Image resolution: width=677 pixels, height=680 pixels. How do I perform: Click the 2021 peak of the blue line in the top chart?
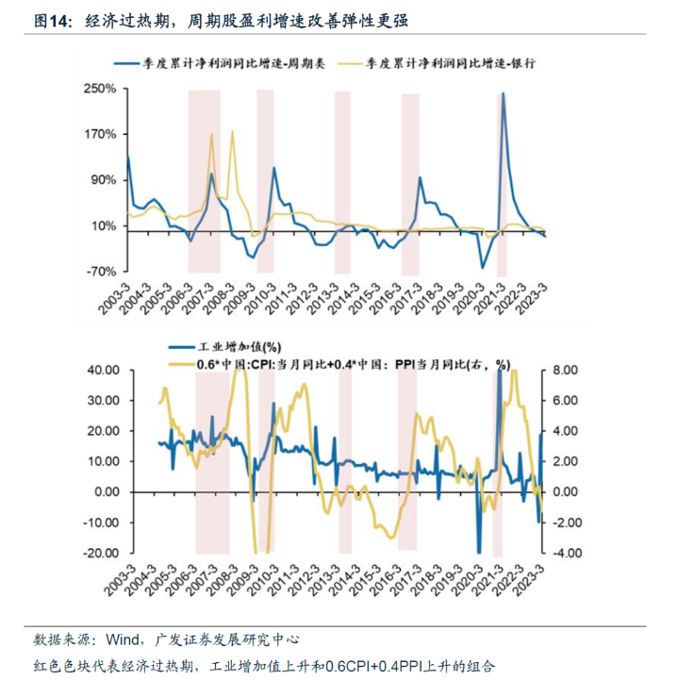click(x=503, y=93)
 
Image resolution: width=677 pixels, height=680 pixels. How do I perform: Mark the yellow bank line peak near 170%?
click(x=210, y=134)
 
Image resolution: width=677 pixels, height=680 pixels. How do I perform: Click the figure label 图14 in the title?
click(x=51, y=20)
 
